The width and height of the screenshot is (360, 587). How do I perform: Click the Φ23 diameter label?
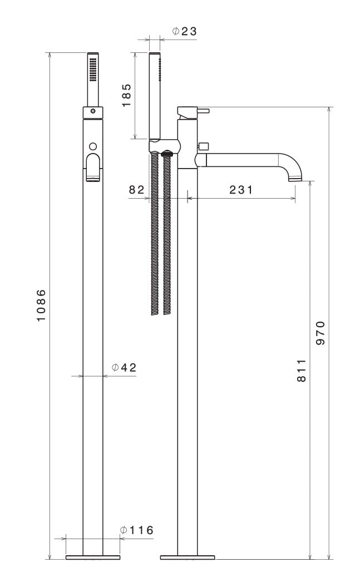coord(184,32)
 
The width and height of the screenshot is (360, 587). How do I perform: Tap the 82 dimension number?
coord(136,190)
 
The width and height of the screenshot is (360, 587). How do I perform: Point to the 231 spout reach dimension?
coord(240,190)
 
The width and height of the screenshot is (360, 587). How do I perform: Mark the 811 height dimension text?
coord(301,370)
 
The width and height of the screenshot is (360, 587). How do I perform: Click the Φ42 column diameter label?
coord(124,367)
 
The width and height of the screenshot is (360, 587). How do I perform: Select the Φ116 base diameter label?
coord(136,530)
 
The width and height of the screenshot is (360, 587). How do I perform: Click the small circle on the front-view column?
coord(93,146)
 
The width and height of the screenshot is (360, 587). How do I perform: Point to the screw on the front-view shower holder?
coord(93,111)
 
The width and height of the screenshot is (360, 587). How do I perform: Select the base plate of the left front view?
coord(93,556)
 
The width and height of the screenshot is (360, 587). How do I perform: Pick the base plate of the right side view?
coord(188,556)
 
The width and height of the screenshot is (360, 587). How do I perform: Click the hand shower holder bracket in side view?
coord(164,147)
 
